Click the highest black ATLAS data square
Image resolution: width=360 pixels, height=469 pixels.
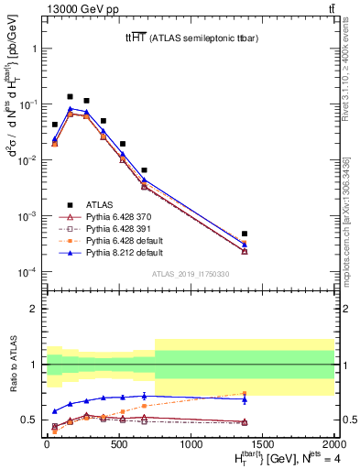[x=70, y=96]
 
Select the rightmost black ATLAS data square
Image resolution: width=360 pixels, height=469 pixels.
[x=245, y=234]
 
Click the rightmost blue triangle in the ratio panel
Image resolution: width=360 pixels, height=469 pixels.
[x=245, y=399]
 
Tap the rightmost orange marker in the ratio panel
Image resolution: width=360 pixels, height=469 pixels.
[x=245, y=394]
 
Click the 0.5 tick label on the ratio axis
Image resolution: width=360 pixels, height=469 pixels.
[x=29, y=420]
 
